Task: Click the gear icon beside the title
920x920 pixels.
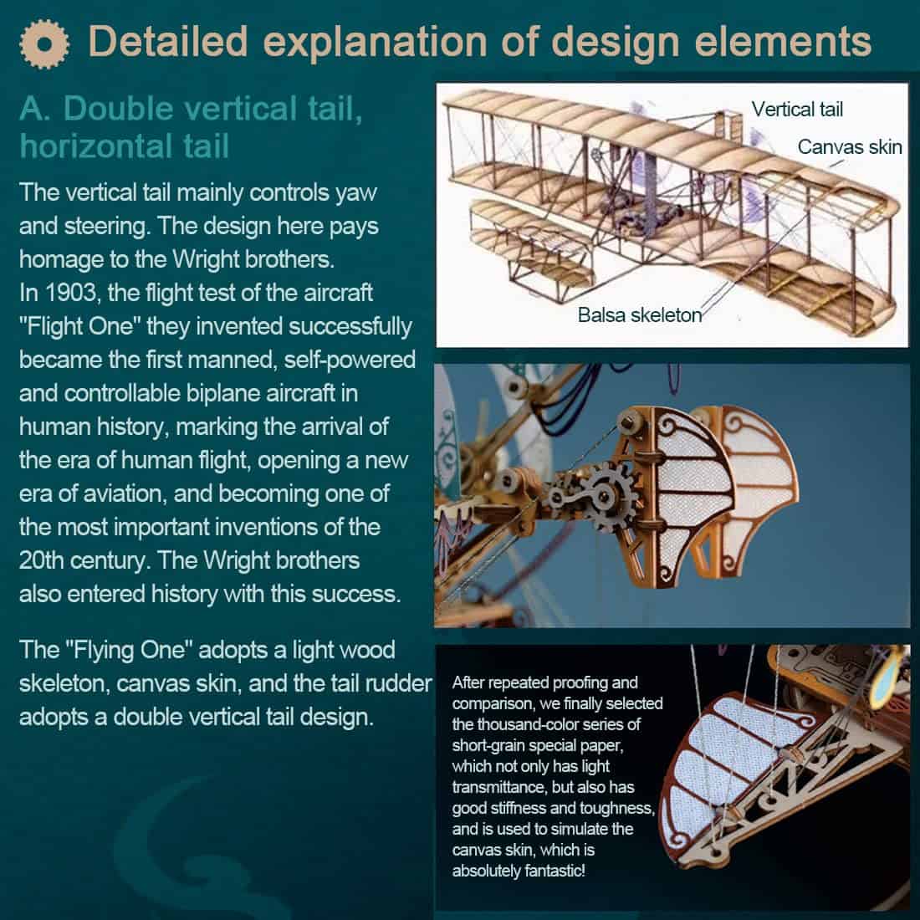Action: click(44, 44)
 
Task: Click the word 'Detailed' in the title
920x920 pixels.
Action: click(168, 42)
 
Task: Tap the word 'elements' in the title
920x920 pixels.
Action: click(783, 42)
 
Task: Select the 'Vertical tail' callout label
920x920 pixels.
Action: click(797, 109)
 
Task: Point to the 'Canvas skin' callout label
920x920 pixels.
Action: click(850, 146)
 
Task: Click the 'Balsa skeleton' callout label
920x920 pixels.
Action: click(640, 315)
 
